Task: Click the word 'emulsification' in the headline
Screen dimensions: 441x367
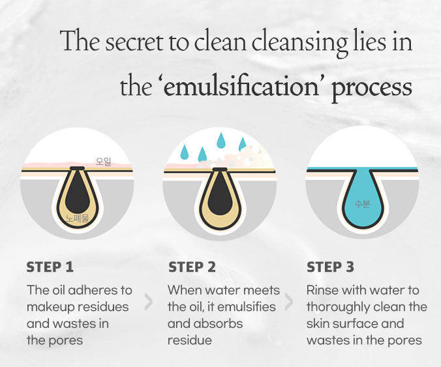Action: click(241, 86)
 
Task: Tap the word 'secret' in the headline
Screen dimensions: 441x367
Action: click(134, 42)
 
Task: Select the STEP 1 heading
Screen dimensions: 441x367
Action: click(50, 267)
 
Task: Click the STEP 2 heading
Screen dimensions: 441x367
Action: click(192, 267)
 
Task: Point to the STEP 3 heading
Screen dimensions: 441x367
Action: click(330, 267)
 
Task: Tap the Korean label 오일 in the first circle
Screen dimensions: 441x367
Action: click(104, 162)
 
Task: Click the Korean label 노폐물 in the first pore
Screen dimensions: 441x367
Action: click(78, 218)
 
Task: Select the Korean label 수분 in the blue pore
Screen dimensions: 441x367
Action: click(362, 203)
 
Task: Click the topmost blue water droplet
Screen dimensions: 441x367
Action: click(221, 141)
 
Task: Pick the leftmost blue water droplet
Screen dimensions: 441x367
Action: click(185, 153)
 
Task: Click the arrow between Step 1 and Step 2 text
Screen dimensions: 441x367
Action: click(149, 302)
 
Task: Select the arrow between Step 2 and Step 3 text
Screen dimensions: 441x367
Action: click(289, 302)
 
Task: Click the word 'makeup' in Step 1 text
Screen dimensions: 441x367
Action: click(48, 307)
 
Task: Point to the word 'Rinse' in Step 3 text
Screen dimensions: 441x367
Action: click(322, 290)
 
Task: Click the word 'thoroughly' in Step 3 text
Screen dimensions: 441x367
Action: click(337, 308)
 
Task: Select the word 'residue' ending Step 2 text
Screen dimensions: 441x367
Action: click(190, 340)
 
